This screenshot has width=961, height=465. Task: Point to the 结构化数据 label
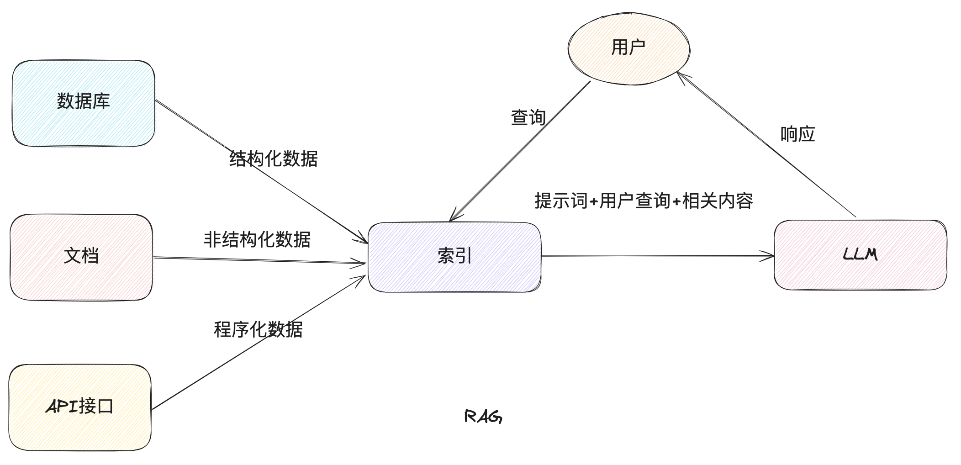tap(273, 159)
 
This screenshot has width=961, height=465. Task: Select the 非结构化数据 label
tap(257, 239)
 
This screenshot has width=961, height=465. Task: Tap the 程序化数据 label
tap(258, 329)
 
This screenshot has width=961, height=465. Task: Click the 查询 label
tap(528, 117)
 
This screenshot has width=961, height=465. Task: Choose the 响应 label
tap(797, 134)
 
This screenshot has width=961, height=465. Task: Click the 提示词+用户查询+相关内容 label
tap(644, 201)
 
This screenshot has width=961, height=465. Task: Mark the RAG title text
tap(483, 416)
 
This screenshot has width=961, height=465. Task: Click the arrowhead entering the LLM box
tap(768, 256)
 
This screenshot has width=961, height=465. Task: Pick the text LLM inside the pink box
tap(860, 254)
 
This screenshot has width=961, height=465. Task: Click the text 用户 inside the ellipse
tap(628, 47)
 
